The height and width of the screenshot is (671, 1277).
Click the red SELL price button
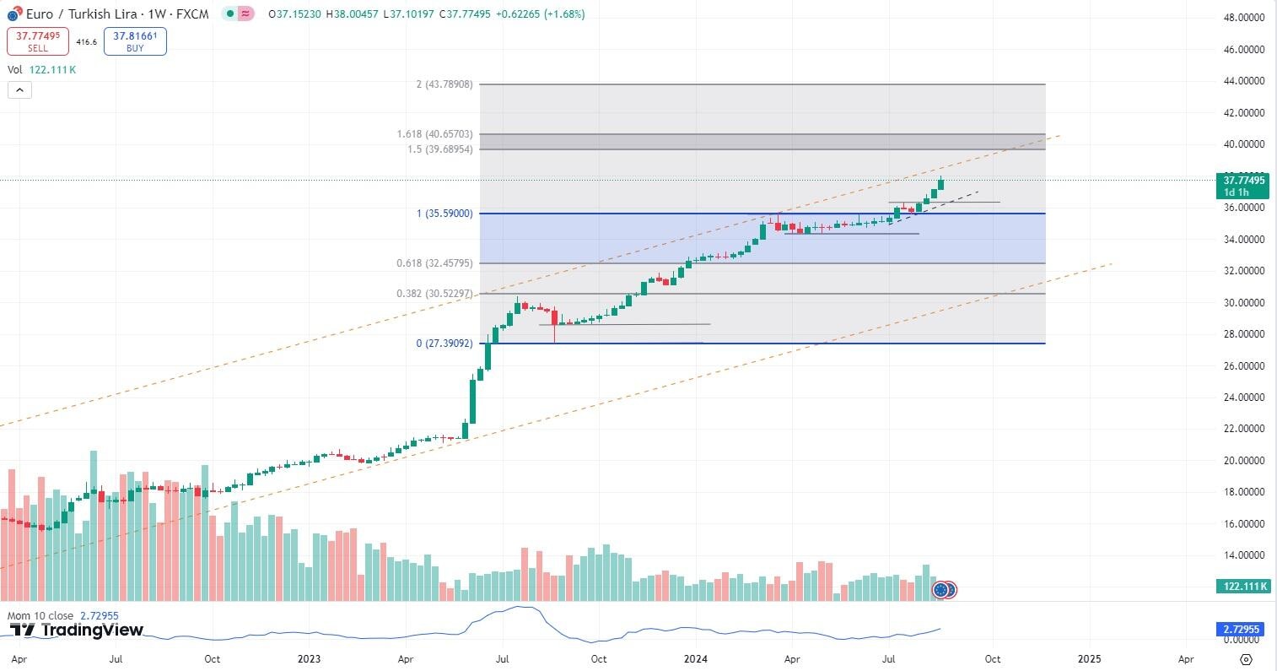[x=38, y=41]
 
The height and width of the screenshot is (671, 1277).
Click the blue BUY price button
[x=135, y=41]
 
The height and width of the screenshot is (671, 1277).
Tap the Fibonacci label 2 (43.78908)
[x=445, y=84]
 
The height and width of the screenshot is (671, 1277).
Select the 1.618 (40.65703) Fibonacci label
[x=434, y=134]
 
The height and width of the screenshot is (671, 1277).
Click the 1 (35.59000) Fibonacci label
[x=445, y=214]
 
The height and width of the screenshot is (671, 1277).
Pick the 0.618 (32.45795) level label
[x=434, y=263]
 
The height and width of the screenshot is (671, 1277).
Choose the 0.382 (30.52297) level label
[x=434, y=294]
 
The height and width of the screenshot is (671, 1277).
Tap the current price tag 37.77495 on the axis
[x=1243, y=180]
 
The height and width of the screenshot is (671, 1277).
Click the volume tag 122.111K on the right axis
[x=1243, y=586]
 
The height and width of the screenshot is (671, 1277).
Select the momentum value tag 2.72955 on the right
[x=1243, y=630]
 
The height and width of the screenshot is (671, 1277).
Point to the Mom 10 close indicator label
[x=40, y=616]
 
